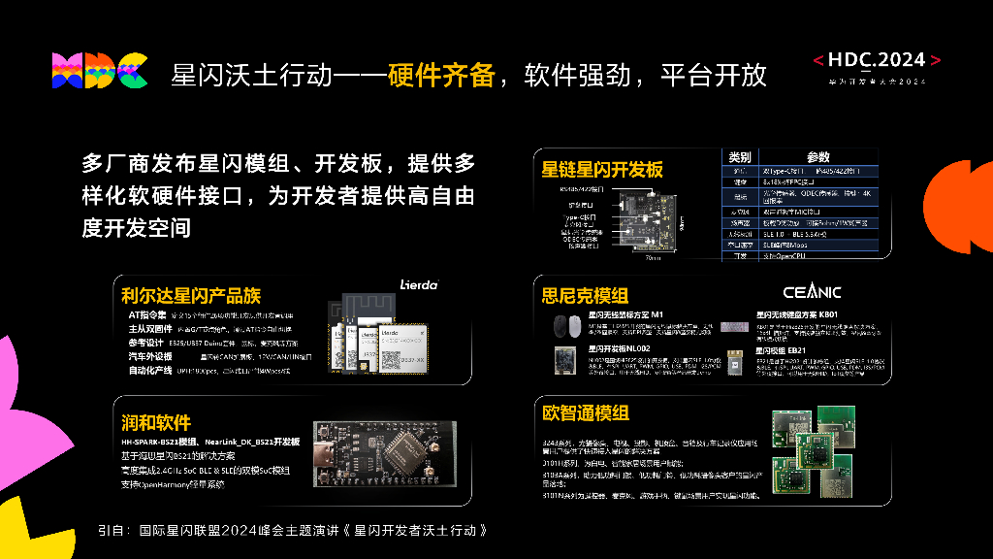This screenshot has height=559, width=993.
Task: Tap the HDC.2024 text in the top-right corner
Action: click(877, 60)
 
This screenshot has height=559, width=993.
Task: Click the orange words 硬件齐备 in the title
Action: click(442, 75)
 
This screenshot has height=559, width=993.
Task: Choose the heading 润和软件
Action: click(156, 423)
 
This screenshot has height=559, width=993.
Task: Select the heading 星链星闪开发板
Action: click(602, 170)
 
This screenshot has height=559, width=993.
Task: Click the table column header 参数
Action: click(818, 157)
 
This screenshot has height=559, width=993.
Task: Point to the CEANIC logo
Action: click(812, 292)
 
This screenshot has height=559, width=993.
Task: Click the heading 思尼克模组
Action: click(585, 296)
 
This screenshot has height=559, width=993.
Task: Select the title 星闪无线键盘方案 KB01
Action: click(796, 314)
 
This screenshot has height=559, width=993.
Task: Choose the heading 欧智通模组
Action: click(585, 412)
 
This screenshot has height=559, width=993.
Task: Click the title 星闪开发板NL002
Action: click(619, 348)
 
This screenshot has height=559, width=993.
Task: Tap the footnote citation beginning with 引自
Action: click(292, 531)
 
